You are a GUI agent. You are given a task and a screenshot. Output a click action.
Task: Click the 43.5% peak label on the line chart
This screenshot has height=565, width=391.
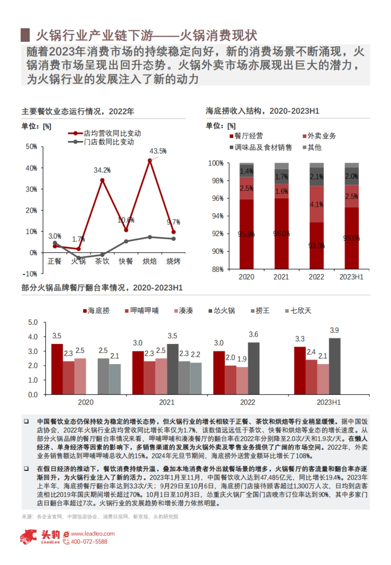[x=158, y=151]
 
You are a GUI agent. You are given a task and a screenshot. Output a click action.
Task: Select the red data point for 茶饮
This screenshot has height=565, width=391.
[x=102, y=180]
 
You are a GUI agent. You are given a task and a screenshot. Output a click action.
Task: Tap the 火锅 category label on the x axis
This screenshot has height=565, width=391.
[x=78, y=261]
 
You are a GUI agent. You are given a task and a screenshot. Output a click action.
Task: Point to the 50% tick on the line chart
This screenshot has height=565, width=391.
[x=31, y=147]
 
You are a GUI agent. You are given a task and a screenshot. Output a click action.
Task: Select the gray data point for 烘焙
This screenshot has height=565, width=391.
[x=150, y=237]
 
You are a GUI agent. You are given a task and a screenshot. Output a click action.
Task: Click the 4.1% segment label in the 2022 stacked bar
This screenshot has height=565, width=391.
[x=316, y=205]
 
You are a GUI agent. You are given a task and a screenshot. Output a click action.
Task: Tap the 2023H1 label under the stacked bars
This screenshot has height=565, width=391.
[x=351, y=277]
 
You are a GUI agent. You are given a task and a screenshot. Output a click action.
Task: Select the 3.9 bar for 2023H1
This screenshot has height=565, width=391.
[x=335, y=366]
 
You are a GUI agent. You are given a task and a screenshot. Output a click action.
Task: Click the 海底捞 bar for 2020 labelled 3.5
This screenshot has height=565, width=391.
[x=57, y=369]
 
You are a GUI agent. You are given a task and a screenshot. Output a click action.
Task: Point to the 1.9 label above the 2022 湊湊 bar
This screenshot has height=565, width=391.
[x=242, y=359]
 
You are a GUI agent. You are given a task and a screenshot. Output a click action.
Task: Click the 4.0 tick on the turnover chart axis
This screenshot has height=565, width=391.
[x=33, y=337]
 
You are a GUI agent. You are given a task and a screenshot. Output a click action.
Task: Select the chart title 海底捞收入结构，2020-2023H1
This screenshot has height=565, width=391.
[x=262, y=111]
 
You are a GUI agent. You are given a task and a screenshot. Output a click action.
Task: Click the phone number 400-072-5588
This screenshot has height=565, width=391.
[x=89, y=542]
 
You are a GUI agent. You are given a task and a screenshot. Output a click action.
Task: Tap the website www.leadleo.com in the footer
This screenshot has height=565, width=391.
[x=93, y=534]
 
